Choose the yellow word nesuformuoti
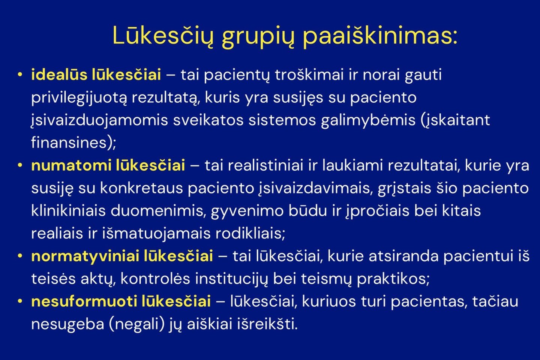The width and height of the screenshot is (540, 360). pyautogui.click(x=84, y=301)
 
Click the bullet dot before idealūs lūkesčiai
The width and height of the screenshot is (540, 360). pyautogui.click(x=20, y=74)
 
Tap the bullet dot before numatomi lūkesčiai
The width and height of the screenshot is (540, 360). pyautogui.click(x=20, y=165)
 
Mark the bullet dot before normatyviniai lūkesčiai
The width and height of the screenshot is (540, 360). pyautogui.click(x=20, y=256)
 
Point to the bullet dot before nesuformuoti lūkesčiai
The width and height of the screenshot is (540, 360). pyautogui.click(x=20, y=301)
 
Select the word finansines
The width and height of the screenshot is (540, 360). pyautogui.click(x=69, y=142)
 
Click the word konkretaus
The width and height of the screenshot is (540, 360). pyautogui.click(x=141, y=188)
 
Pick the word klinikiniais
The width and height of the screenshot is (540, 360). pyautogui.click(x=69, y=210)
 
